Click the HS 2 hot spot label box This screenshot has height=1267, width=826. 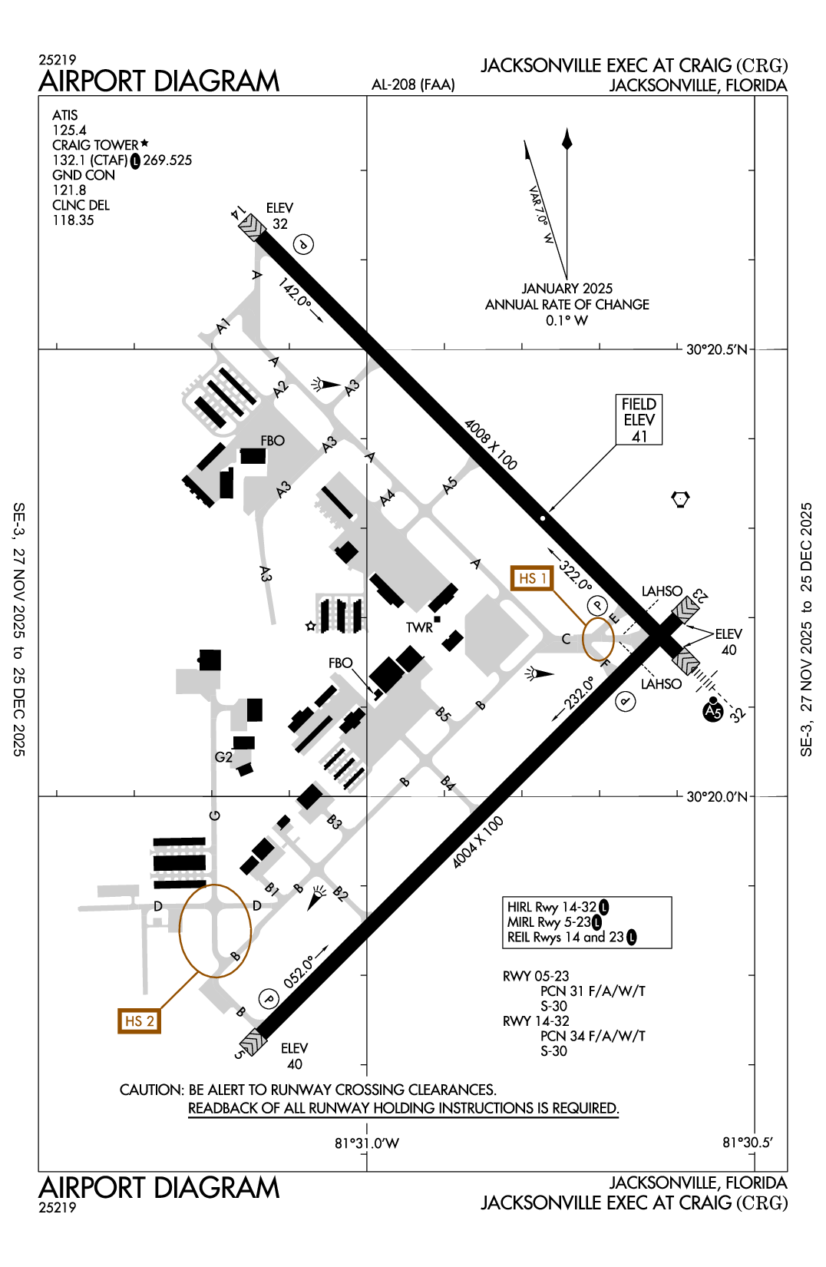139,1021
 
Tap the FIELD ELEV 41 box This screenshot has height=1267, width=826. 639,419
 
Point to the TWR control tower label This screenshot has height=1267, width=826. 419,627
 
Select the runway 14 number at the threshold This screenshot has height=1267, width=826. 239,213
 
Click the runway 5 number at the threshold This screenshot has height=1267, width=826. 240,1054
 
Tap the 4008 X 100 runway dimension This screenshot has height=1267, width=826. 491,445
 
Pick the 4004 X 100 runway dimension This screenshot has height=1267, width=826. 477,842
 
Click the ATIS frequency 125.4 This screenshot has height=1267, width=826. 69,131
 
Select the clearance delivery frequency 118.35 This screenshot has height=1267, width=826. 73,220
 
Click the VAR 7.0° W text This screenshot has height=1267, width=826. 541,214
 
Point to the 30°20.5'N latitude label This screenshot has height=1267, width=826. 716,350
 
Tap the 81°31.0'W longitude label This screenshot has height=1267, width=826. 366,1143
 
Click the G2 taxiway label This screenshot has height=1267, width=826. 223,757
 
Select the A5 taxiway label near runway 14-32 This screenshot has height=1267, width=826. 450,485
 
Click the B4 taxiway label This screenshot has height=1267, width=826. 448,784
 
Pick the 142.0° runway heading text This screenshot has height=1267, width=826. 295,293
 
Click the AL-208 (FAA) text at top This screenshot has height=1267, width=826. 413,85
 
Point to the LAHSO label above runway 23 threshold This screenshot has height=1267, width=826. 662,591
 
